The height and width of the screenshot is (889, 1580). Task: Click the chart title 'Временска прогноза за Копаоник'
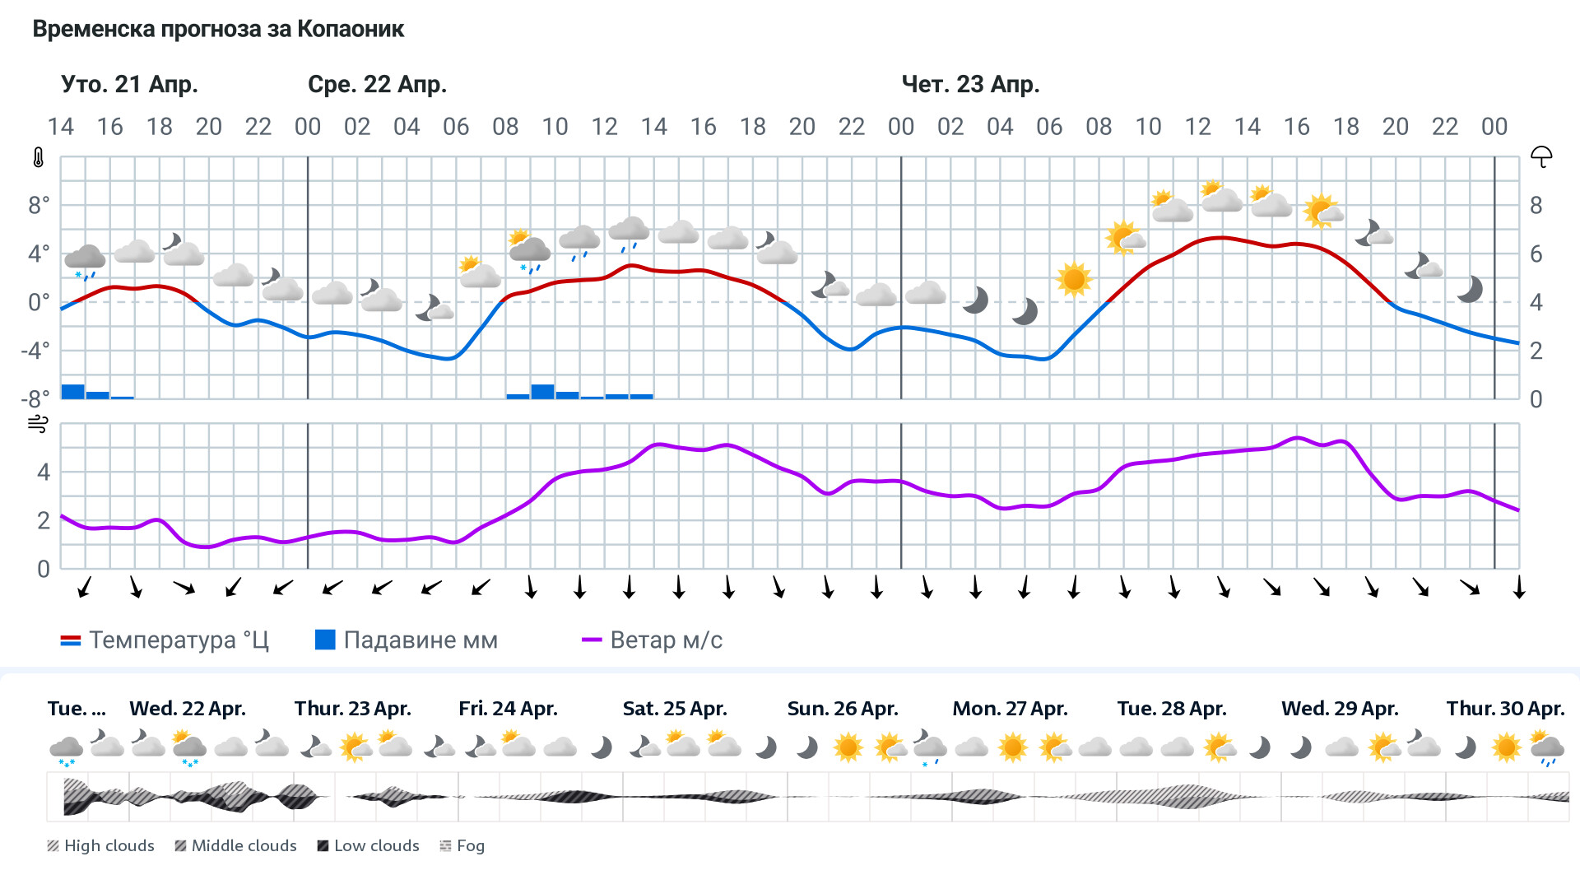coord(218,30)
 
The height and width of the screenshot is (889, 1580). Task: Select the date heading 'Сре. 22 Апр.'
coord(377,84)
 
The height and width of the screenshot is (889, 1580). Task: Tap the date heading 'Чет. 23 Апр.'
coord(970,84)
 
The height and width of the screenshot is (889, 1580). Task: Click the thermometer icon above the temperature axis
coord(39,157)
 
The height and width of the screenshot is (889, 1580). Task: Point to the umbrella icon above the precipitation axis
coord(1540,156)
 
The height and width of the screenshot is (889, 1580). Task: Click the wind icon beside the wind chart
coord(39,424)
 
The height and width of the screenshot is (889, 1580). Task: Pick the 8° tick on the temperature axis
coord(39,205)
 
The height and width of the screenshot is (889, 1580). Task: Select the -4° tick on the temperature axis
coord(35,351)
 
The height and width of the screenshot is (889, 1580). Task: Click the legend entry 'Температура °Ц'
coord(165,640)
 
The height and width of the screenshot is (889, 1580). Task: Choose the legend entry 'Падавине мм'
coord(407,640)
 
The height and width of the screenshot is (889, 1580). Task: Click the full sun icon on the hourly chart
coord(1073,279)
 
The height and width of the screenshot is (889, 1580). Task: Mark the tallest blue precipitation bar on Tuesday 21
coord(73,391)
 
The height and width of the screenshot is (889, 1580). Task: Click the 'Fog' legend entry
coord(462,845)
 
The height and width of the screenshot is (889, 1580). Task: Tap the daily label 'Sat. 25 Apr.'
coord(675,709)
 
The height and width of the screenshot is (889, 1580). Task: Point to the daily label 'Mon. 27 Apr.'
coord(1010,709)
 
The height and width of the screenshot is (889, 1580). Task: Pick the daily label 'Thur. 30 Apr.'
coord(1505,709)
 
